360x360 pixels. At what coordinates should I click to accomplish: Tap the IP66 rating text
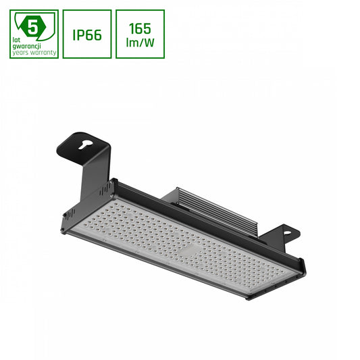tap(87, 34)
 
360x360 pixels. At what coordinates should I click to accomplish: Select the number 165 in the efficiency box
tap(140, 27)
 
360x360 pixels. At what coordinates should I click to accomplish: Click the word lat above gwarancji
tap(17, 40)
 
